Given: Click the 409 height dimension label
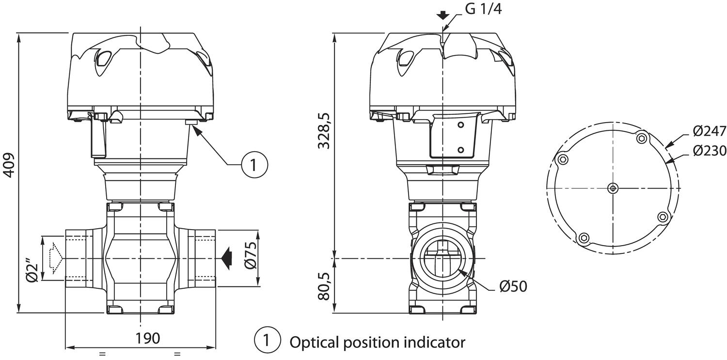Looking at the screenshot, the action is (10, 165).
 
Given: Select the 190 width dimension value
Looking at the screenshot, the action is (148, 338).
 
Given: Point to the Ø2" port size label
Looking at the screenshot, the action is (32, 270).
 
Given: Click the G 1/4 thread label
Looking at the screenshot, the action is (483, 9).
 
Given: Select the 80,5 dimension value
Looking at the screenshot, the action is (324, 286).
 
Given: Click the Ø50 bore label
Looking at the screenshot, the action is (513, 286).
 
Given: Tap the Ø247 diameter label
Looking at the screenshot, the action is (710, 131).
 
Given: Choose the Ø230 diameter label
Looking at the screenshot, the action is (710, 151).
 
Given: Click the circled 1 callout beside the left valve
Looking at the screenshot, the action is (255, 165).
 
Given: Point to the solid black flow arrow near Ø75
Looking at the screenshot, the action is (226, 258).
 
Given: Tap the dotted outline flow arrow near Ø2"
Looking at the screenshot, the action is (56, 258).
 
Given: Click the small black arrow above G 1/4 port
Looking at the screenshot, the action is (443, 15).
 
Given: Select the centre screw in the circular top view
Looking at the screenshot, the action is (613, 188).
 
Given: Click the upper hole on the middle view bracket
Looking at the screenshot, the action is (460, 125).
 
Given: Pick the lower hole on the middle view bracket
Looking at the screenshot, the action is (460, 150).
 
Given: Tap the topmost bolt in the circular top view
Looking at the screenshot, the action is (642, 139).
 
